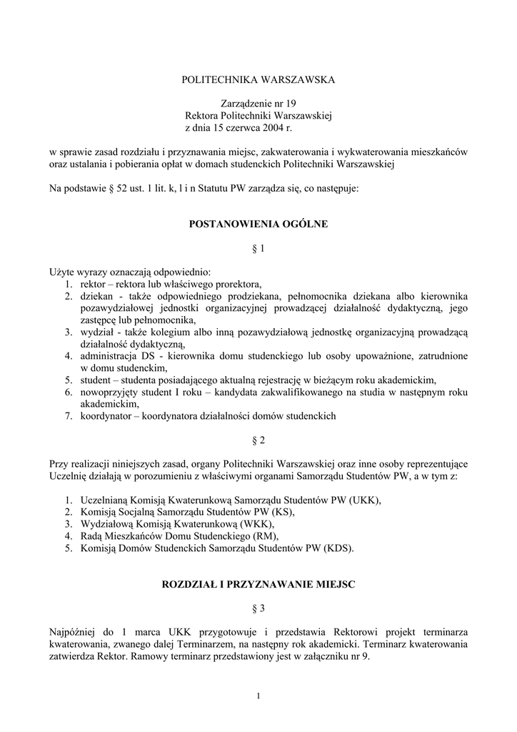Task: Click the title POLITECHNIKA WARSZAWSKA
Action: tap(258, 79)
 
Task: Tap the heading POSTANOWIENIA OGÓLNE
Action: tap(258, 224)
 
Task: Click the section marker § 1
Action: tap(258, 249)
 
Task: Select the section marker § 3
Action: tap(258, 608)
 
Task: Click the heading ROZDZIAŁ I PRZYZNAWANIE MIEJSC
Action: tap(258, 584)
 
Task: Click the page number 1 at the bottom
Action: tap(258, 697)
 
